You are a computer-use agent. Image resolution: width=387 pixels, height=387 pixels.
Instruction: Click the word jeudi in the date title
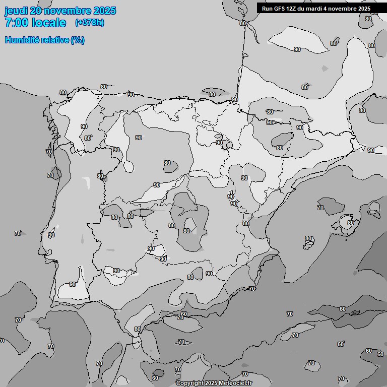(16, 11)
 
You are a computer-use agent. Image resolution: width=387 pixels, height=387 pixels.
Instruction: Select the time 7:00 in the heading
(16, 23)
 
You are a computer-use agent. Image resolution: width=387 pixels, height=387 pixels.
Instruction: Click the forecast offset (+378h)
(89, 23)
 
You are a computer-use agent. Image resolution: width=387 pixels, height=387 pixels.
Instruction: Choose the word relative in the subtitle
(56, 40)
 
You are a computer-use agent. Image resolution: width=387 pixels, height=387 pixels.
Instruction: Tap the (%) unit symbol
(78, 40)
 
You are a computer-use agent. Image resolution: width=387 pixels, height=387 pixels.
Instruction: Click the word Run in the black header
(267, 9)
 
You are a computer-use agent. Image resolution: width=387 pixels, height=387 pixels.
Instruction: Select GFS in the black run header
(280, 9)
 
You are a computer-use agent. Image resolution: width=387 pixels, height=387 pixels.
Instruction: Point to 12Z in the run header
(293, 9)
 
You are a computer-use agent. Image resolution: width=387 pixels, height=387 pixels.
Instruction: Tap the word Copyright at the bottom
(190, 383)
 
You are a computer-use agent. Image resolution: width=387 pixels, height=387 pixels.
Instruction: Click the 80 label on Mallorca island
(350, 223)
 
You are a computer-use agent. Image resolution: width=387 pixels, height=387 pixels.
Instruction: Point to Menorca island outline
(374, 207)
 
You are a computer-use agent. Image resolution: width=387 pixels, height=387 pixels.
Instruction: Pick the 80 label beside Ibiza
(308, 239)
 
